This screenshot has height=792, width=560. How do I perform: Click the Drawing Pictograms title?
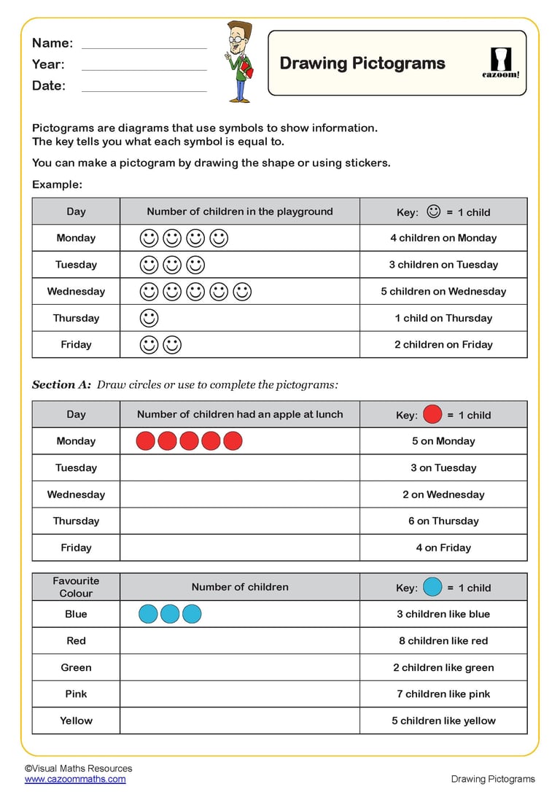362,63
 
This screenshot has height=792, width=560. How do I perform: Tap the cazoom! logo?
501,63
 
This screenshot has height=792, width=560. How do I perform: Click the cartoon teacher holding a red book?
239,61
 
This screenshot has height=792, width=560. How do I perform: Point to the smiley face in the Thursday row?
149,318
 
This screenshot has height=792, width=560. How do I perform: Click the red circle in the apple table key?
432,415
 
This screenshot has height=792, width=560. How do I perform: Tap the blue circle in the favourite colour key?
432,587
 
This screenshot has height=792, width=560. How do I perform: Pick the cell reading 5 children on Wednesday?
443,292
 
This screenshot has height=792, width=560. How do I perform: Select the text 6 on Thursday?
443,521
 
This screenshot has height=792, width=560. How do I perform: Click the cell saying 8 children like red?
443,641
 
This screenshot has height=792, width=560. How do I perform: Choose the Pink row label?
76,694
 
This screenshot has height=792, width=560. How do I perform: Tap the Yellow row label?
76,721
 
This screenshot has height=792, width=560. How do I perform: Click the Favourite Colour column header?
76,587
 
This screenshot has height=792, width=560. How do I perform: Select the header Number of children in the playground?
240,212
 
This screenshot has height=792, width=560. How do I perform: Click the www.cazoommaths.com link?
75,779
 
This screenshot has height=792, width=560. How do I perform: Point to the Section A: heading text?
63,384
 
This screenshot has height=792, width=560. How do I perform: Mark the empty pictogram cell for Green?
240,667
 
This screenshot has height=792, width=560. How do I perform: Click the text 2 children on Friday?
443,345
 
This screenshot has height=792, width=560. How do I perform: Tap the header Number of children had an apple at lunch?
240,414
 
